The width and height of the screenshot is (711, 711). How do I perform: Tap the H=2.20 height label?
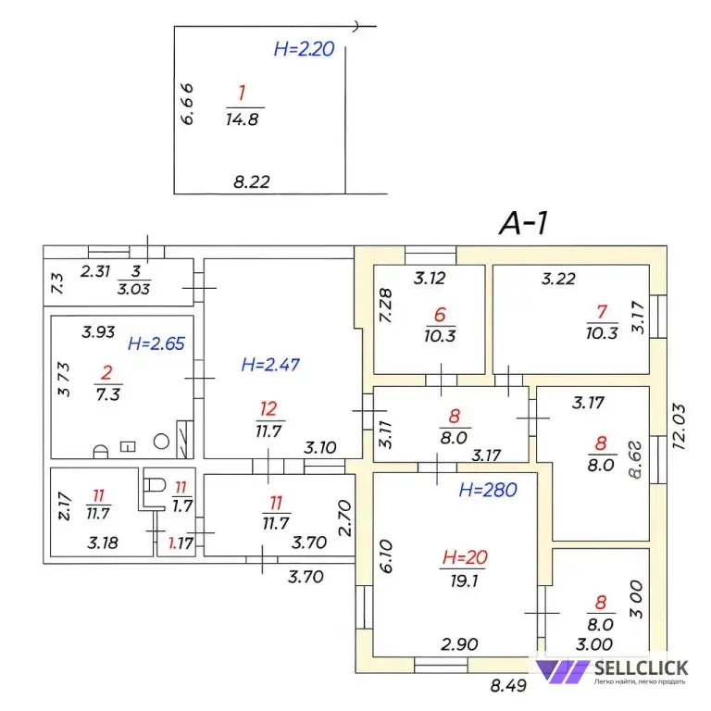(x=304, y=50)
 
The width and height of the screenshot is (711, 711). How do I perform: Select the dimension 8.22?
(x=252, y=182)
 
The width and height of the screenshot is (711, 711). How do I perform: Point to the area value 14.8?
(x=242, y=118)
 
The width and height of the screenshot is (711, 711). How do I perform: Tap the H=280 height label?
(x=487, y=490)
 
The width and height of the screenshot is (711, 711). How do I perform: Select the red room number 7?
(x=602, y=314)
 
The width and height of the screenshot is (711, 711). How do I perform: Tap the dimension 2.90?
(x=458, y=642)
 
